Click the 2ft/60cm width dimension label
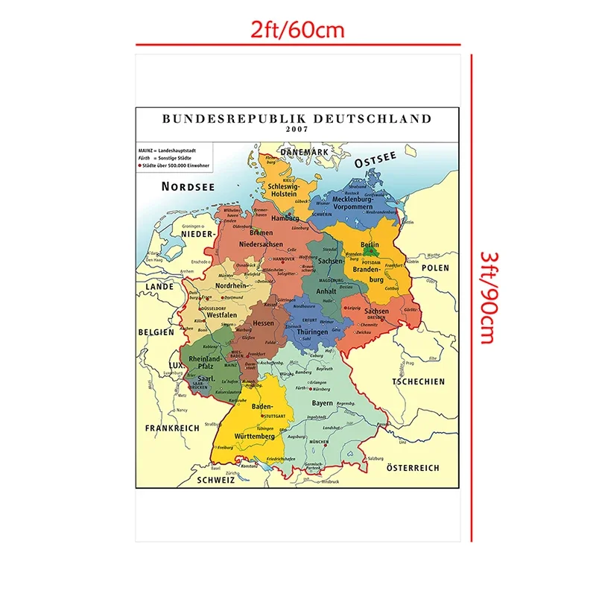coord(297,31)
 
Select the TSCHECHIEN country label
coord(419,381)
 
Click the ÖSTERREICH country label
coord(413,468)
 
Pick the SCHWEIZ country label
coord(216,481)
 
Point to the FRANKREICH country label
coord(172,428)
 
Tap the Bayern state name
coord(323,403)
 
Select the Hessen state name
coord(264,323)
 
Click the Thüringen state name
coord(312,333)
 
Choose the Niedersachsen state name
coord(261,244)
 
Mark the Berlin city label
coord(370,244)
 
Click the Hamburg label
coord(285,218)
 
